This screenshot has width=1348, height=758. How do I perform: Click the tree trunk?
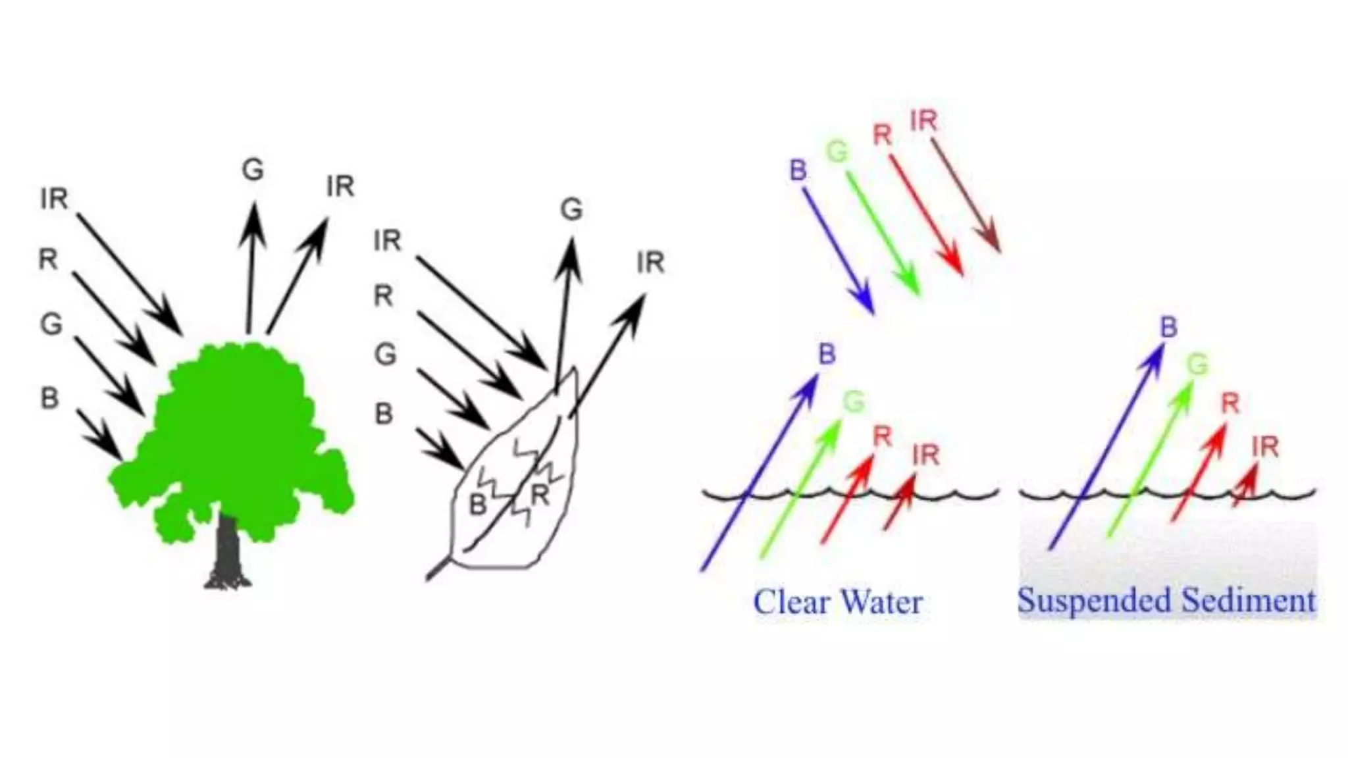click(227, 546)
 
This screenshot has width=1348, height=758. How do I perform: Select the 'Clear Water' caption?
click(837, 602)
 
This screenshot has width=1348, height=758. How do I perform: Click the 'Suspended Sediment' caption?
click(1166, 601)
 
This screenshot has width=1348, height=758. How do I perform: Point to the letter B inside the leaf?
click(478, 505)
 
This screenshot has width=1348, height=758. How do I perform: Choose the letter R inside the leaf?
click(540, 495)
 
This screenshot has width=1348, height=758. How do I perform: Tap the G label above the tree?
click(253, 170)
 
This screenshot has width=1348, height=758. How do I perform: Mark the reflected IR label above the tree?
click(340, 187)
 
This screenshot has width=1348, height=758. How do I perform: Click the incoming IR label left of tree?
click(54, 199)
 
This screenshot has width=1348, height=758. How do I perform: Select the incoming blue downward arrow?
click(838, 250)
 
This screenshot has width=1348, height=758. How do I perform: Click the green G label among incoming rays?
click(837, 153)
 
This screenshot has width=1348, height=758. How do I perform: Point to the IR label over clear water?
click(926, 455)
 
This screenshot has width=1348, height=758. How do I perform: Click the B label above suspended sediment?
click(1168, 328)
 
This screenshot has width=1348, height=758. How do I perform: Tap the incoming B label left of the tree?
click(49, 398)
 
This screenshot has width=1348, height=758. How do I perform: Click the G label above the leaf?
click(571, 210)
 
